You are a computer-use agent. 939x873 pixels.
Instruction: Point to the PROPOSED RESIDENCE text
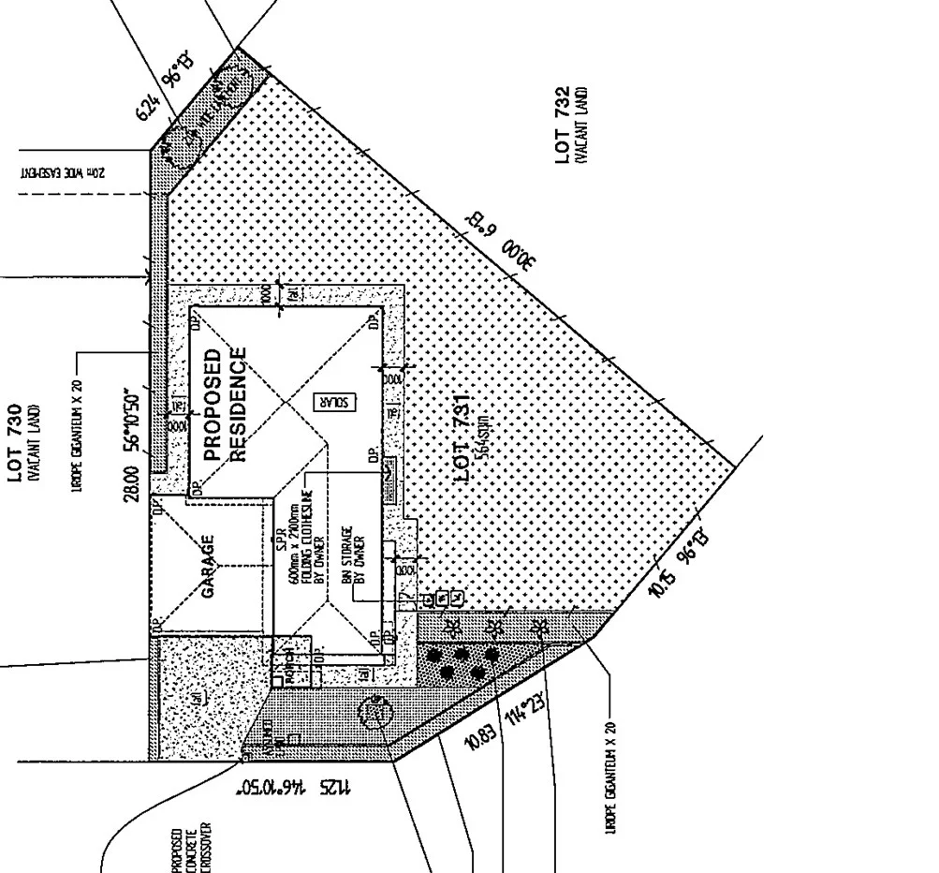point(224,405)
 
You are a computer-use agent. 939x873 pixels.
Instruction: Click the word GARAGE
point(209,566)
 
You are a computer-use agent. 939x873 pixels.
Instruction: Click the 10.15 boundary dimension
point(660,583)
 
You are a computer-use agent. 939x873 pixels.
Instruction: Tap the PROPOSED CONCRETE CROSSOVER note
point(192,848)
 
